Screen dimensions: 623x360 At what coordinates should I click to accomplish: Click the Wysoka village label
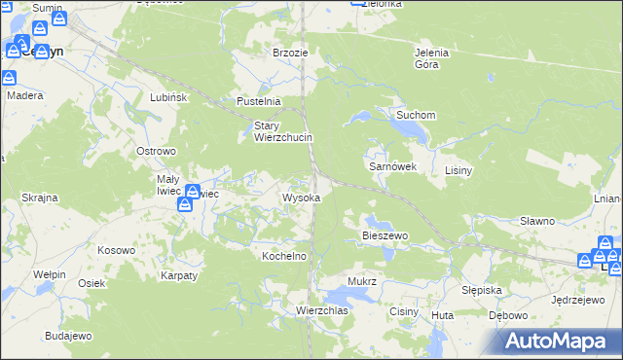point(301,198)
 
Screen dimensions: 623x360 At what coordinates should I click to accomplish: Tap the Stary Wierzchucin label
point(282,131)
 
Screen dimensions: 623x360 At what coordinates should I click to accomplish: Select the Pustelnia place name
point(259,101)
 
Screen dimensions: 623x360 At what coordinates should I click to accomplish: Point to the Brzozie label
point(290,53)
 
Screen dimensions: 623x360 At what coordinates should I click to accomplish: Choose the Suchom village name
point(415,115)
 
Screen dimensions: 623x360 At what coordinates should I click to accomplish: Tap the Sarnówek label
point(392,166)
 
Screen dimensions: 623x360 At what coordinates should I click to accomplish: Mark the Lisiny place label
point(458,170)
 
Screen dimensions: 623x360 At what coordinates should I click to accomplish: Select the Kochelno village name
point(284,256)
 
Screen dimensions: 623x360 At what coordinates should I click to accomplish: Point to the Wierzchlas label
point(322,310)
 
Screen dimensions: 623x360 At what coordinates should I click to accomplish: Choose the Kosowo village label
point(116,250)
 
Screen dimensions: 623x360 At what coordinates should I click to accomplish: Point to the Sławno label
point(536,221)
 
